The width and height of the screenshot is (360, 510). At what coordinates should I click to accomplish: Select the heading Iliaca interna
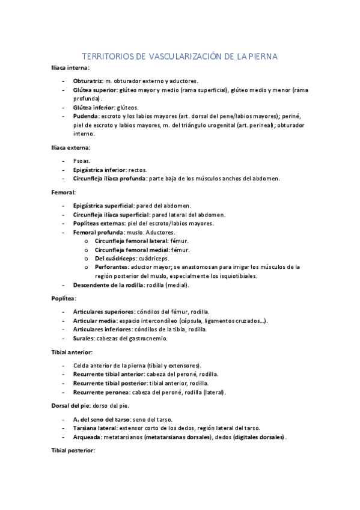[x=70, y=69]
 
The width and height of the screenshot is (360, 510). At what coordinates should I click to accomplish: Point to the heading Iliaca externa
[x=71, y=147]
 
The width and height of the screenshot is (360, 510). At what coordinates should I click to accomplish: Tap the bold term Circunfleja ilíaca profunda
[x=109, y=179]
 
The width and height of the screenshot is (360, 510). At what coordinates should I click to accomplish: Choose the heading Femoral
[x=63, y=193]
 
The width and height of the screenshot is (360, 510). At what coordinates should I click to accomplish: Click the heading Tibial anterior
[x=72, y=352]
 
